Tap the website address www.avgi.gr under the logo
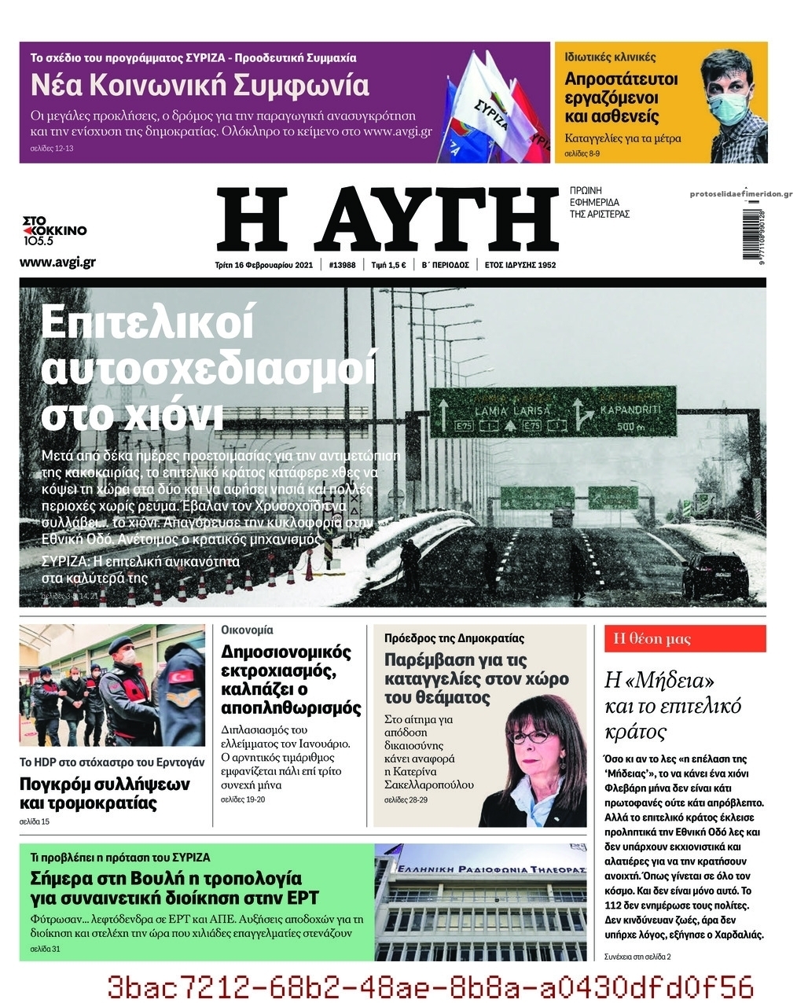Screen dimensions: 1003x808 pos(57,262)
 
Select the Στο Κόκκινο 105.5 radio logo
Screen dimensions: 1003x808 pos(54,230)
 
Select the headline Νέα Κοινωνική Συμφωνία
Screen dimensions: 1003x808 pos(200,85)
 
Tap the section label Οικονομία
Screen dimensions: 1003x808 pos(247,630)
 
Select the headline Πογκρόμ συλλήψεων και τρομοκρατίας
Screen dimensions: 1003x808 pos(105,793)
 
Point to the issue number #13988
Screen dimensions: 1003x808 pos(342,265)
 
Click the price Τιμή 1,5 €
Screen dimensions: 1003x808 pos(388,265)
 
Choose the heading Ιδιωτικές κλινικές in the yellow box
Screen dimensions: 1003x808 pos(610,57)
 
